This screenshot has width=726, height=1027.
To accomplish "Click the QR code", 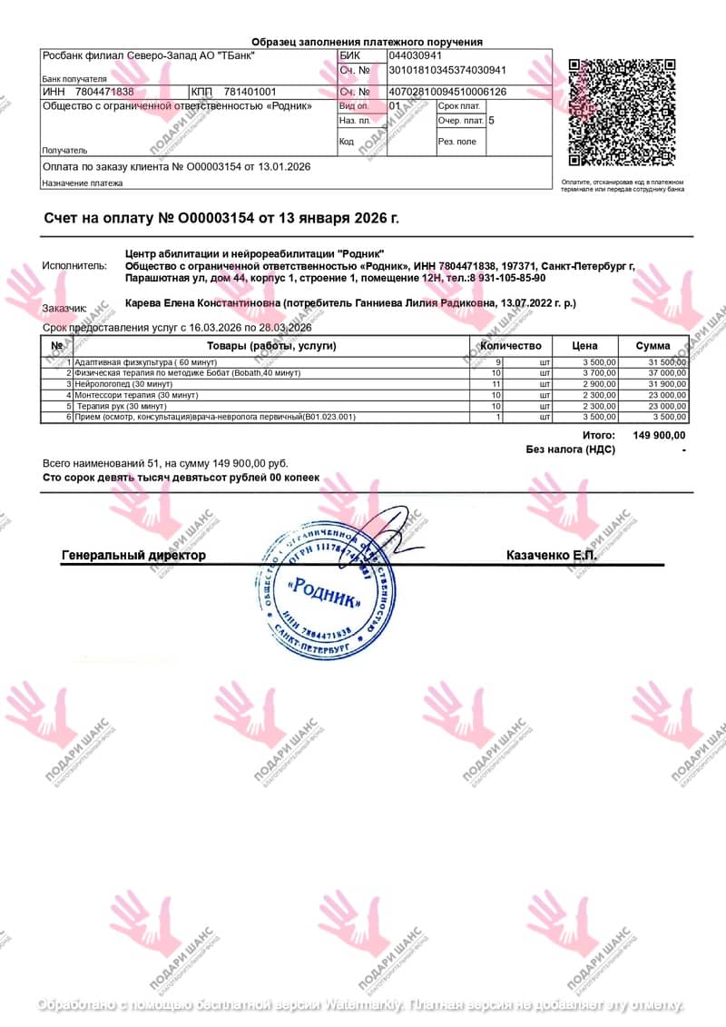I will [x=622, y=112].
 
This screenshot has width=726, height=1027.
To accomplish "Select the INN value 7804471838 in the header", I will [x=104, y=92].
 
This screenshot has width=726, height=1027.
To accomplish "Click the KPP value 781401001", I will [x=250, y=92].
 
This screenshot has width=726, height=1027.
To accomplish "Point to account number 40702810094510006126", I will [x=447, y=92].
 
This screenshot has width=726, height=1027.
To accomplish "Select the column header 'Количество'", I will [x=510, y=346].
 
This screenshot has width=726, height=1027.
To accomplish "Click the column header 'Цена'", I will [x=584, y=346].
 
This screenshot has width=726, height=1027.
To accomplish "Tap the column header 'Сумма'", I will [x=652, y=346].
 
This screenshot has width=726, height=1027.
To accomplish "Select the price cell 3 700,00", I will [x=598, y=373].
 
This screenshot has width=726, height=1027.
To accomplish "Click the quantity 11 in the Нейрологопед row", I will [x=495, y=384].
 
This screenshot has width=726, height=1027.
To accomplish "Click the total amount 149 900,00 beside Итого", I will [x=659, y=436].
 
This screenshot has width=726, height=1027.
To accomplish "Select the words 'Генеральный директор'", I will [x=133, y=555].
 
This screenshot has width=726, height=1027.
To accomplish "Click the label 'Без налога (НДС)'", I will [x=570, y=449].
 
